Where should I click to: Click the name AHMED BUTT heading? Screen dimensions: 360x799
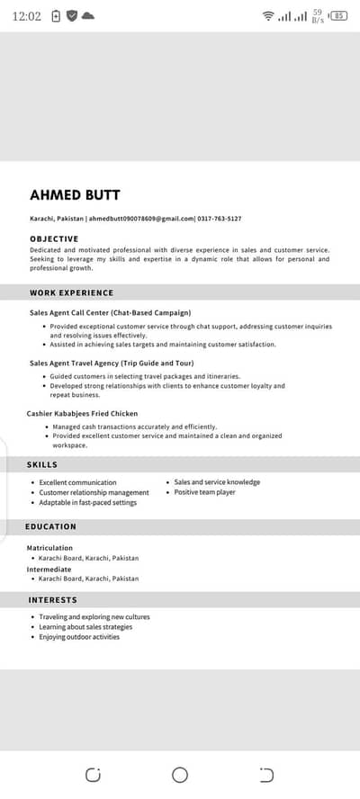tap(75, 195)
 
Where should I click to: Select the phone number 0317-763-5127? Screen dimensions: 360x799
tap(219, 219)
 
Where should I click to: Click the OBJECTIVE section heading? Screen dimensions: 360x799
tap(54, 238)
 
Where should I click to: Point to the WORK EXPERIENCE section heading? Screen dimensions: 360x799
tap(71, 292)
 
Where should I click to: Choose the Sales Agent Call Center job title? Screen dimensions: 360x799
tap(110, 312)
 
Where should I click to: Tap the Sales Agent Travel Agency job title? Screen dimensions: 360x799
tap(118, 363)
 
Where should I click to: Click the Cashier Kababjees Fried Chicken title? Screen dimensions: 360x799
tap(82, 413)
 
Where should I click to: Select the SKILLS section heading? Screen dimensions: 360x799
tap(43, 464)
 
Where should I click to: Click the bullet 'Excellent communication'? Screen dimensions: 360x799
tap(77, 482)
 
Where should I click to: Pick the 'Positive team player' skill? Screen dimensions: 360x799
tap(204, 492)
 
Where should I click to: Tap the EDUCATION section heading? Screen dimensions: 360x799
tap(50, 526)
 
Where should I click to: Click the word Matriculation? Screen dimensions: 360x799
tap(49, 547)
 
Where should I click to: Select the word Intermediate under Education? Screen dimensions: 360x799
tap(49, 568)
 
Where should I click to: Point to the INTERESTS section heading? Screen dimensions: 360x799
tap(52, 599)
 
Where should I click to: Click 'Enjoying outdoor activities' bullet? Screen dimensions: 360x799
tap(79, 637)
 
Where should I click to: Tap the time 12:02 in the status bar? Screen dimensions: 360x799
tap(28, 16)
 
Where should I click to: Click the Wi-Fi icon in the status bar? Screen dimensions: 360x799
tap(267, 16)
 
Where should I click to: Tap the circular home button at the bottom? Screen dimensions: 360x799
tap(180, 775)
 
